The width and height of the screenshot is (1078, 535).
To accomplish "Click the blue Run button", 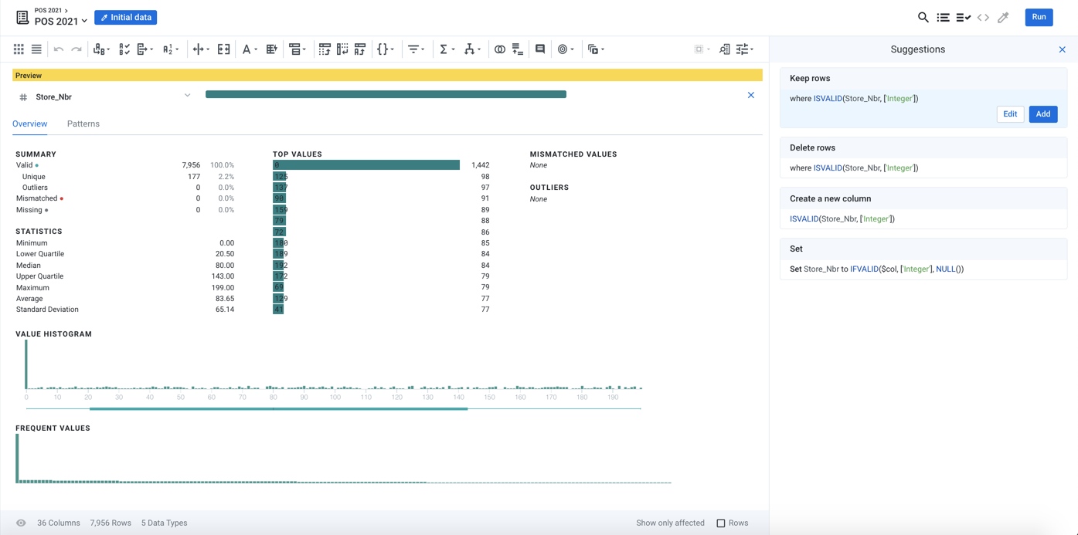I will [x=1039, y=17].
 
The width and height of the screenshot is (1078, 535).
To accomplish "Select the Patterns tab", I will [x=83, y=124].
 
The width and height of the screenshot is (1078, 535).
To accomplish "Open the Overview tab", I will [x=30, y=124].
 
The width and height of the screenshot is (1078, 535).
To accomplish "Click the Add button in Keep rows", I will [x=1042, y=114].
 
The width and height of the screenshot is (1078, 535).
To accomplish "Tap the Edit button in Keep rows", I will [x=1010, y=114].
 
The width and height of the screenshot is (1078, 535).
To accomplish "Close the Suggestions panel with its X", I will [x=1062, y=49].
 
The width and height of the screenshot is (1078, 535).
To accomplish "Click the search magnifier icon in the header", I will [x=923, y=17].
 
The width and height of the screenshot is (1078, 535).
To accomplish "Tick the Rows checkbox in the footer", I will [x=721, y=523].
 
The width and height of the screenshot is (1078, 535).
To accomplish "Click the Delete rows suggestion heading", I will [x=812, y=147].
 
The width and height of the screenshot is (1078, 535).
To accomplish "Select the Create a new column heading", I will [x=830, y=198].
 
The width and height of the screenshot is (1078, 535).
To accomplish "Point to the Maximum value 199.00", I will [x=223, y=287].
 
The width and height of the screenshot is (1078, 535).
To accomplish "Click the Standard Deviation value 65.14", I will [x=224, y=310].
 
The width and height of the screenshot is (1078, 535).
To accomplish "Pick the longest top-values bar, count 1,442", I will [x=366, y=165].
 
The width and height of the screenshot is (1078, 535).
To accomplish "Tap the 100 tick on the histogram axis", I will [x=335, y=398].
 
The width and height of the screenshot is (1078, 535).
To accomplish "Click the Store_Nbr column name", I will [x=54, y=97].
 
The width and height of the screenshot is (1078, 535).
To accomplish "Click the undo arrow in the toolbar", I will [x=59, y=49].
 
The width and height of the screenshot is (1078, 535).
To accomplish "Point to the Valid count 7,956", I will [x=191, y=165].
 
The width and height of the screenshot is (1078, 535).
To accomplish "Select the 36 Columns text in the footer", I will [x=59, y=523].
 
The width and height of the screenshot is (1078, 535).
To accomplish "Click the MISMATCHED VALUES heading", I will [x=573, y=154].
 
